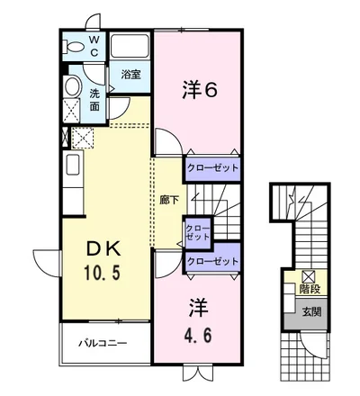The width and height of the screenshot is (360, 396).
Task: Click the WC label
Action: pyautogui.click(x=94, y=46)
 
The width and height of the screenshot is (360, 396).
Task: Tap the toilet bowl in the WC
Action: pyautogui.click(x=73, y=48)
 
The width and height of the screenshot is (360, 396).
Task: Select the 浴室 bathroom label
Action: pyautogui.click(x=130, y=75)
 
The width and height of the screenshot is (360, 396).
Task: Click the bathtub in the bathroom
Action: pyautogui.click(x=130, y=46)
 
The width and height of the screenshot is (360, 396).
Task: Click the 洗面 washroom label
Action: pyautogui.click(x=94, y=100)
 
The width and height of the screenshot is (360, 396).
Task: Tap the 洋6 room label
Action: pyautogui.click(x=200, y=90)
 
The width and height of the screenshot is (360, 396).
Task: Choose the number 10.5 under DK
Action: pyautogui.click(x=103, y=273)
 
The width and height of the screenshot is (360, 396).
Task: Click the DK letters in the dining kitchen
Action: pyautogui.click(x=103, y=249)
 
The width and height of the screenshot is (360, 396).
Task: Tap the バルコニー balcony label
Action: pyautogui.click(x=103, y=343)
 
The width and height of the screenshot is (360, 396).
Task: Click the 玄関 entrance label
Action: pyautogui.click(x=311, y=312)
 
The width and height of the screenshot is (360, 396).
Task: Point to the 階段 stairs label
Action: pyautogui.click(x=310, y=289)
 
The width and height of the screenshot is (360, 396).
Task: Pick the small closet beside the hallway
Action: pyautogui.click(x=198, y=232)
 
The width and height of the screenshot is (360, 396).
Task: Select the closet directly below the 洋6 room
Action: pyautogui.click(x=212, y=168)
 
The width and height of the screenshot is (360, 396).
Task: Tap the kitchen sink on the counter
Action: pyautogui.click(x=73, y=164)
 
